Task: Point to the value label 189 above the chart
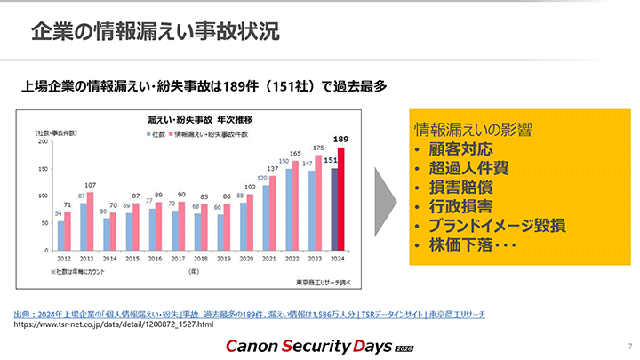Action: click(x=340, y=140)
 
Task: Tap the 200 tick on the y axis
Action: click(x=41, y=141)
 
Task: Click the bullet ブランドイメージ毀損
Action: click(x=499, y=225)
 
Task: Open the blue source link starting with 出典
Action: click(x=250, y=315)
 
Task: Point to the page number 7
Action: click(x=628, y=344)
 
